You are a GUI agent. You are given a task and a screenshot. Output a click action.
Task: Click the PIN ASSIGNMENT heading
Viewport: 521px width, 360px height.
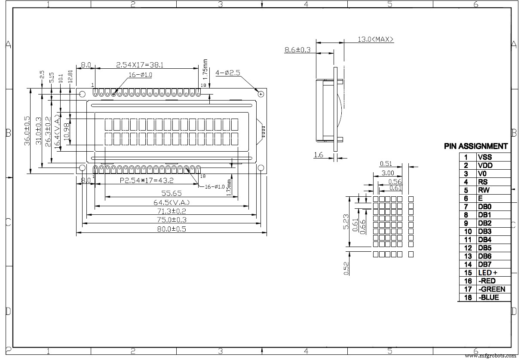(x=476, y=146)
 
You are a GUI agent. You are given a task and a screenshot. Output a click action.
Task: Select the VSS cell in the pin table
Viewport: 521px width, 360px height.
(x=484, y=157)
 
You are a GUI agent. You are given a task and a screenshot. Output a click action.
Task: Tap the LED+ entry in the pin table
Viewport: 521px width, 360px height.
(x=487, y=273)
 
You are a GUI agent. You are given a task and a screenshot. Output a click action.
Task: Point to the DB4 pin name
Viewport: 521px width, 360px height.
(x=484, y=240)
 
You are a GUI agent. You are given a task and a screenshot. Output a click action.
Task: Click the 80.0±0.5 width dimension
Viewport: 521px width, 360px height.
(x=171, y=229)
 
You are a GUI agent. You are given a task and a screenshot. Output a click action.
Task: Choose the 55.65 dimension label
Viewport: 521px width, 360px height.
(x=171, y=193)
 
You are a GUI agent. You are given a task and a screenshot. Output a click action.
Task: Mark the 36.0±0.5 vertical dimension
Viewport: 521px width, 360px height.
(x=27, y=131)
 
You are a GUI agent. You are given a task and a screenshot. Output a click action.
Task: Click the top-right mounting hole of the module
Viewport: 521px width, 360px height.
(x=260, y=94)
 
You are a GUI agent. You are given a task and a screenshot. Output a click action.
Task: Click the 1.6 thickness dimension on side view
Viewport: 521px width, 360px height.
(x=318, y=155)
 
